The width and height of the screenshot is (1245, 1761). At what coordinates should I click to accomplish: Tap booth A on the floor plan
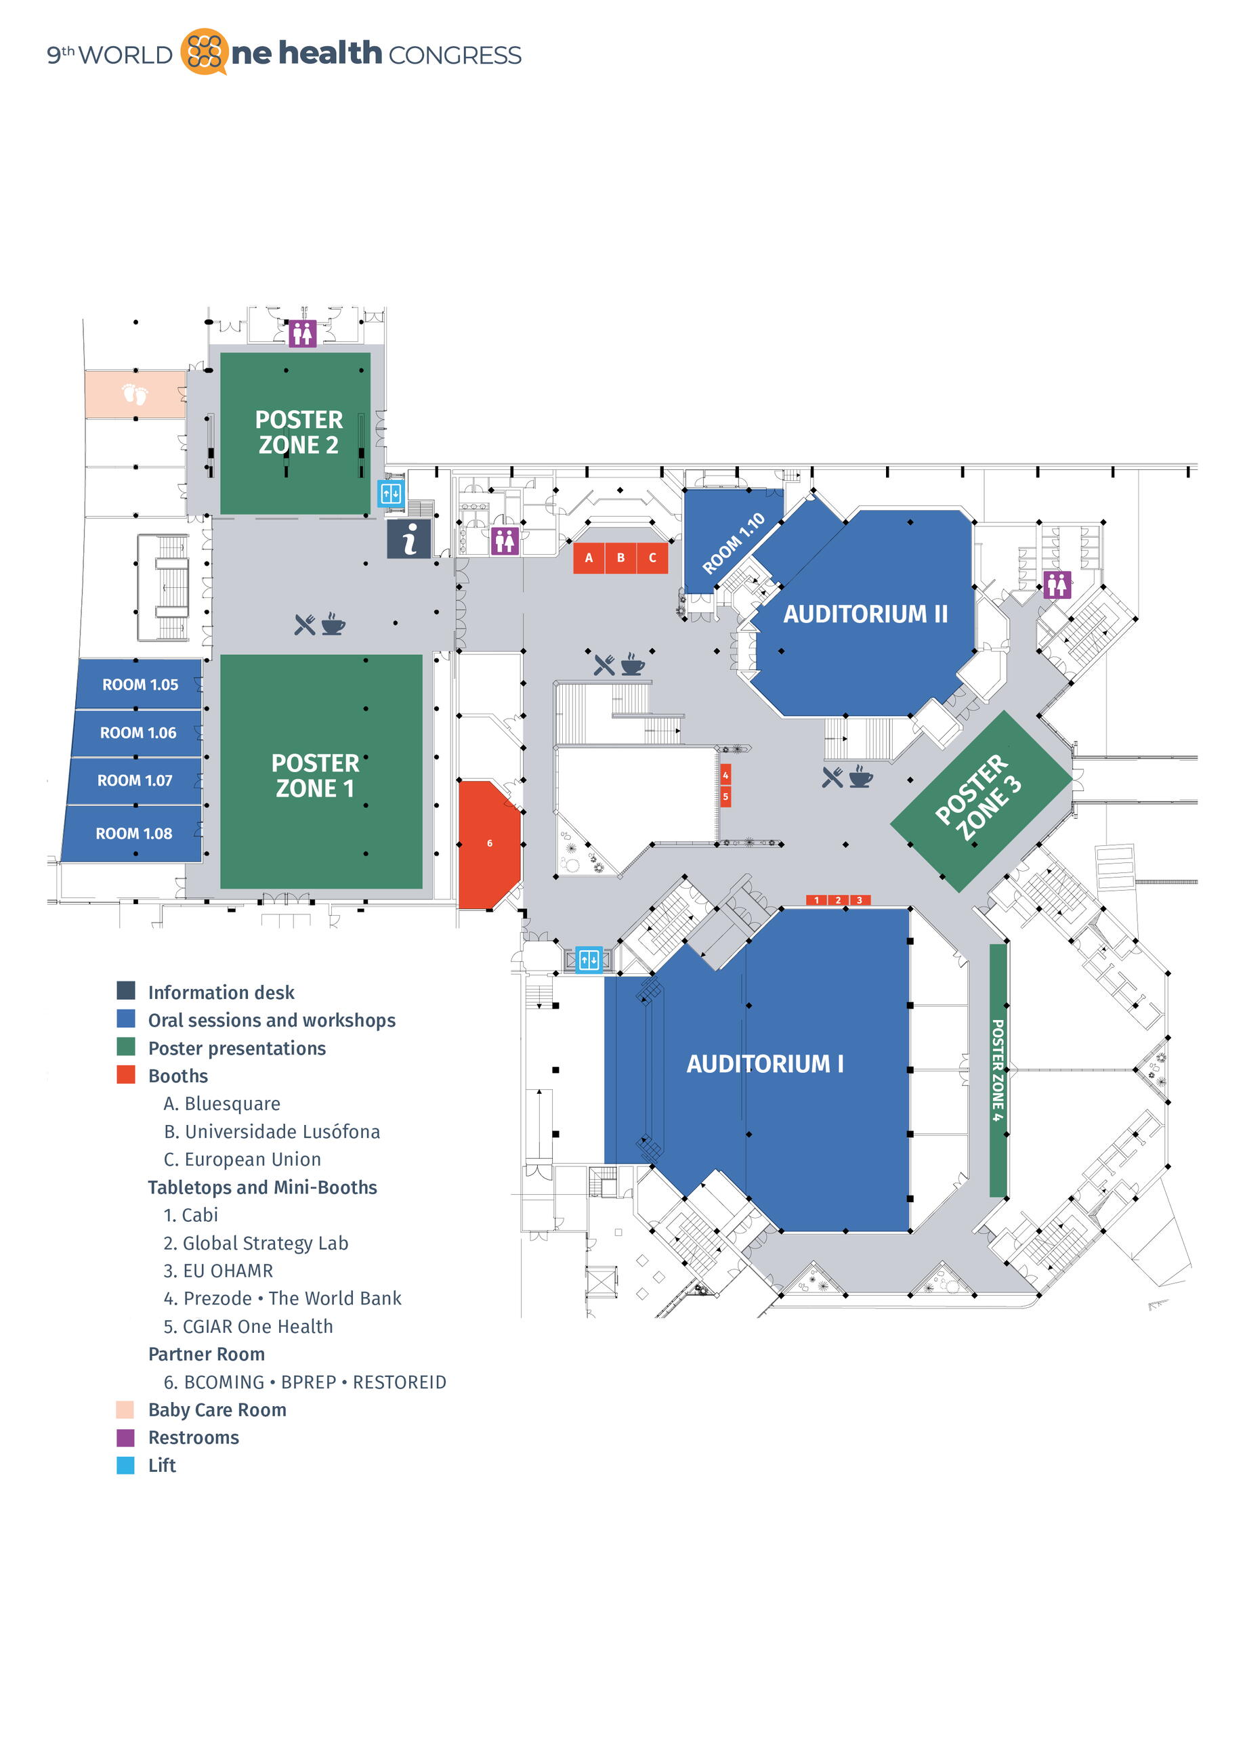tap(589, 557)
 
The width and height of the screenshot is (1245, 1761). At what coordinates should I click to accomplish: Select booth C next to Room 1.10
tap(652, 557)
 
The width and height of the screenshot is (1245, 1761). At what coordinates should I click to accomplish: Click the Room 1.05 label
tap(140, 684)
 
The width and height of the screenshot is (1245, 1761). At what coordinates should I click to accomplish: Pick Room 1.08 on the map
tap(133, 833)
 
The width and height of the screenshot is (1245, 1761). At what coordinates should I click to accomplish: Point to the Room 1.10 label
tap(734, 543)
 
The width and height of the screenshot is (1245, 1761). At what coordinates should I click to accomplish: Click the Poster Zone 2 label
tap(299, 432)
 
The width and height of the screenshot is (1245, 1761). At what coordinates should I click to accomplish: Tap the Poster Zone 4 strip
tap(997, 1070)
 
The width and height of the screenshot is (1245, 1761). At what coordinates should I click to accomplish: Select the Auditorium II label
tap(865, 614)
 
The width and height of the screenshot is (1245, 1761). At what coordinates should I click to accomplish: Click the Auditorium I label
tap(765, 1064)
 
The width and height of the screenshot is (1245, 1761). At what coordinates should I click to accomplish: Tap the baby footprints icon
tap(135, 394)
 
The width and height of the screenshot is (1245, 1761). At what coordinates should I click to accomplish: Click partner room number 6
tap(490, 844)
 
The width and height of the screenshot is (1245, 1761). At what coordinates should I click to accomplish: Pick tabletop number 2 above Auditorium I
tap(838, 900)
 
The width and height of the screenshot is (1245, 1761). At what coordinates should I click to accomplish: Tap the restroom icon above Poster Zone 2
tap(302, 334)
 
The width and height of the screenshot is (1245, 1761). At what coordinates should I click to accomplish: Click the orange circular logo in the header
tap(204, 51)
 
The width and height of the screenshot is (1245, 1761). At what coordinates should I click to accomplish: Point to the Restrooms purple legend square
tap(125, 1437)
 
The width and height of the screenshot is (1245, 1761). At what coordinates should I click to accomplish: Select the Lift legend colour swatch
tap(125, 1465)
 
